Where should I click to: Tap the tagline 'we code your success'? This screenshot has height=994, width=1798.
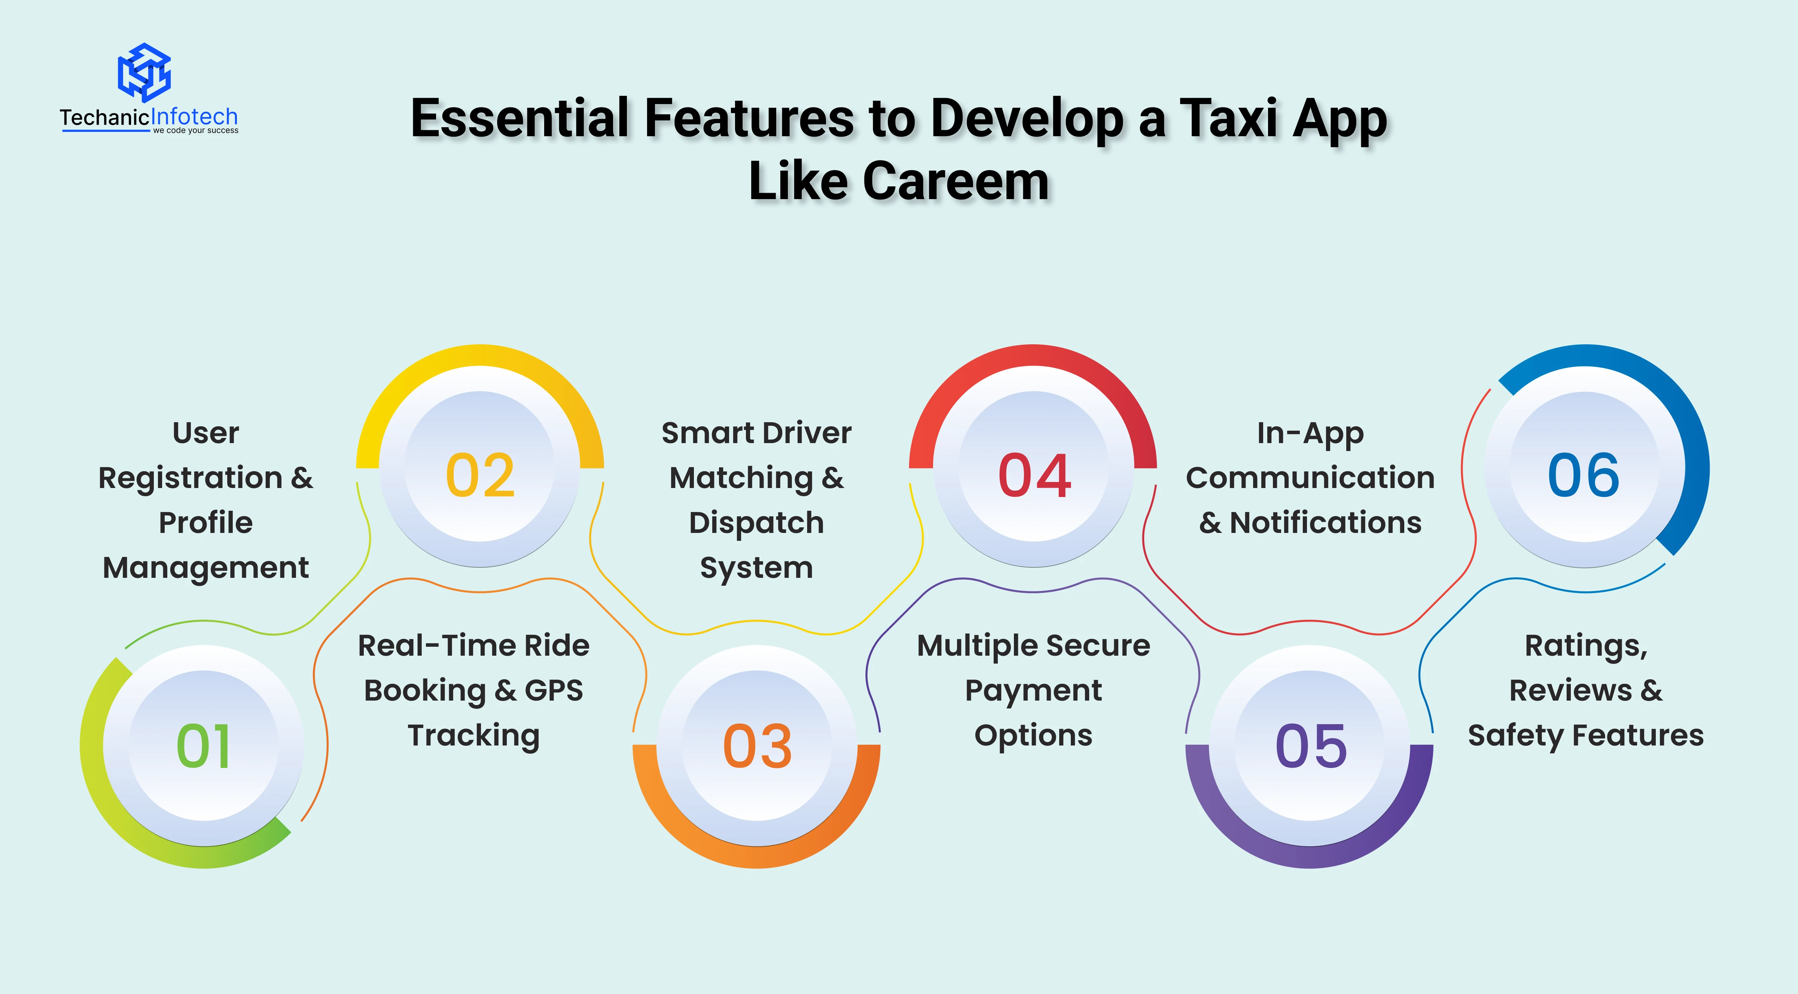tap(195, 131)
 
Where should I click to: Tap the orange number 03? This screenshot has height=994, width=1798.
tap(757, 746)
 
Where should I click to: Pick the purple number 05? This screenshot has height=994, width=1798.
tap(1311, 746)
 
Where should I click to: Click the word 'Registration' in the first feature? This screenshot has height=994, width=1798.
tap(191, 479)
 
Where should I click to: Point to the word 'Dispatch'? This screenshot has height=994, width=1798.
tap(757, 524)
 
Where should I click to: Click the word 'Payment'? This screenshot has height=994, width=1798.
tap(1034, 692)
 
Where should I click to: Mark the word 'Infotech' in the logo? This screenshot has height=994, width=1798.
tap(194, 116)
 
